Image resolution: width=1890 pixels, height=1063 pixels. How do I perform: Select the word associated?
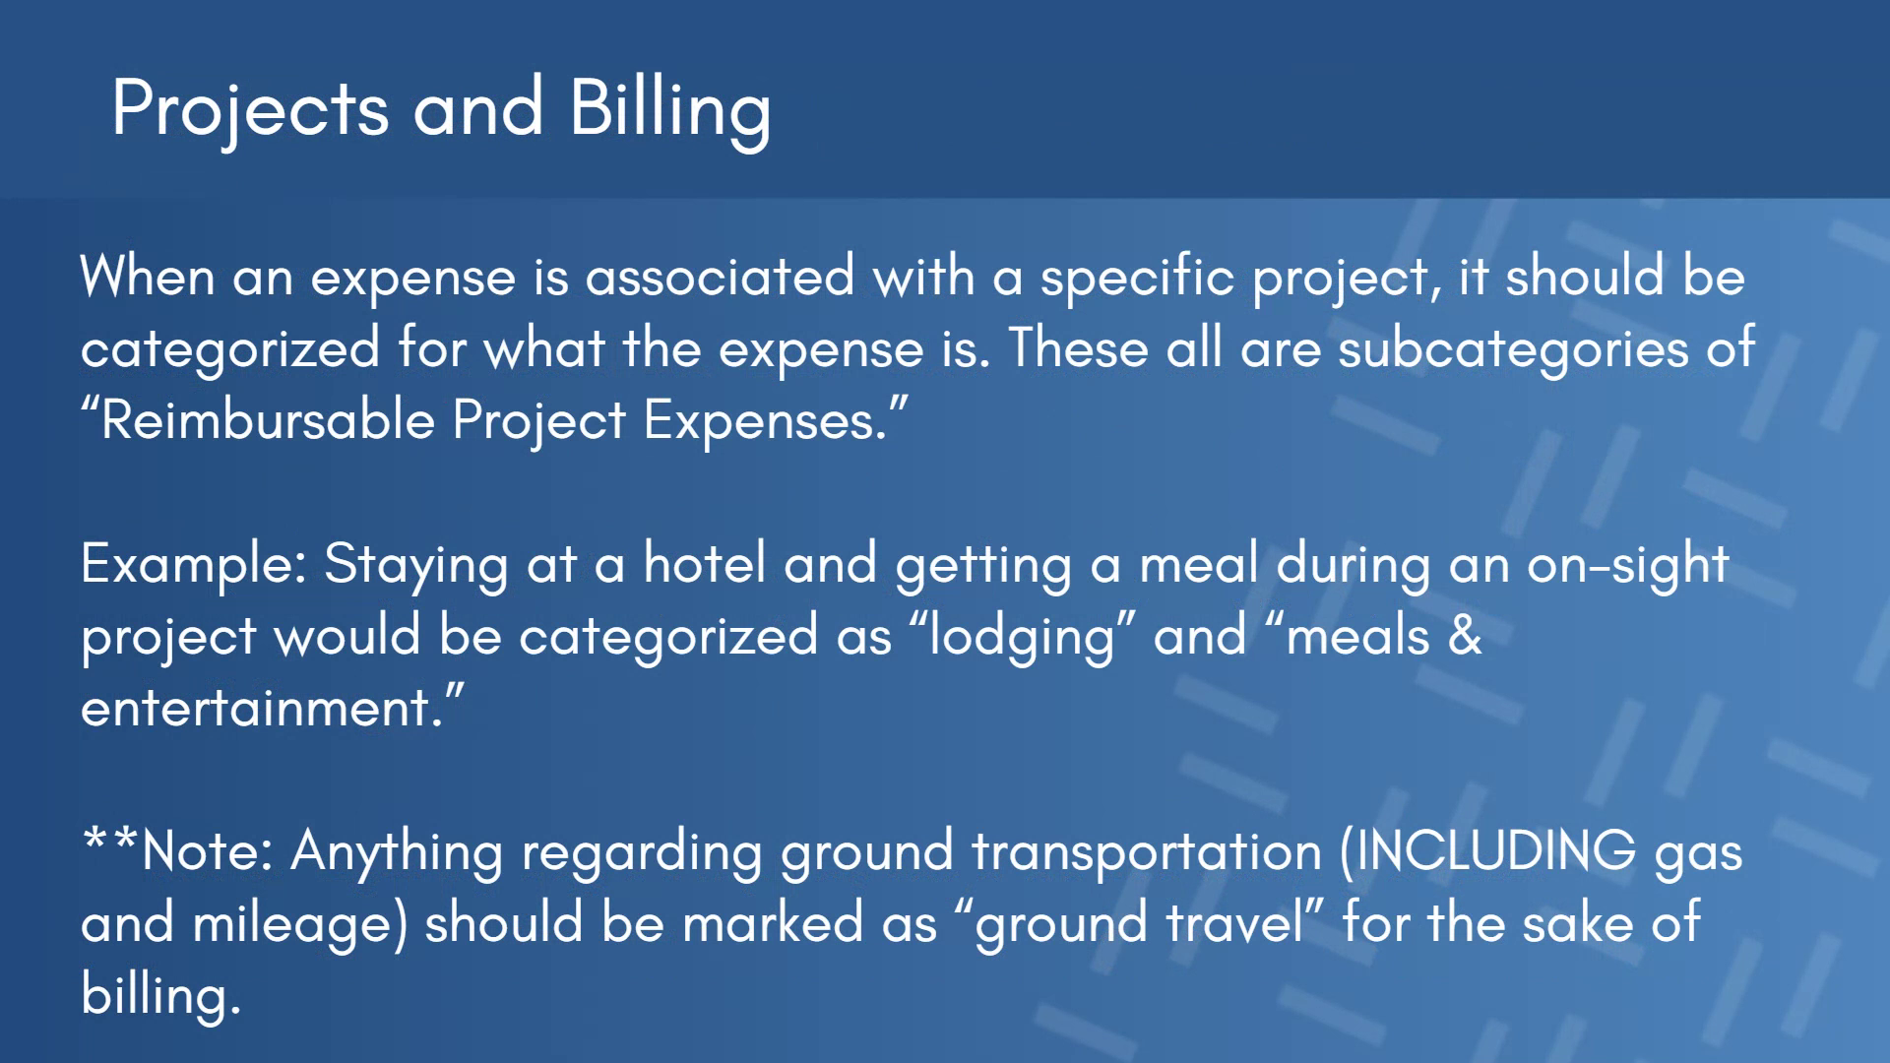pyautogui.click(x=720, y=276)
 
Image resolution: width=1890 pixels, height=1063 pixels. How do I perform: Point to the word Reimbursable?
pyautogui.click(x=268, y=420)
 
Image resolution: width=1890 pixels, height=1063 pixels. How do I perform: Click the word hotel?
pyautogui.click(x=704, y=563)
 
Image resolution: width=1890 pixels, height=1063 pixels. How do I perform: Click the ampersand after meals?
pyautogui.click(x=1465, y=635)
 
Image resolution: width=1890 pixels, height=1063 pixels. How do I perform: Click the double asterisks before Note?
pyautogui.click(x=111, y=839)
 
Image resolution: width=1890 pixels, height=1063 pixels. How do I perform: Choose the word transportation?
pyautogui.click(x=1147, y=852)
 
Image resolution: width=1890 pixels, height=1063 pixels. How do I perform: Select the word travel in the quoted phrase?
pyautogui.click(x=1234, y=922)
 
